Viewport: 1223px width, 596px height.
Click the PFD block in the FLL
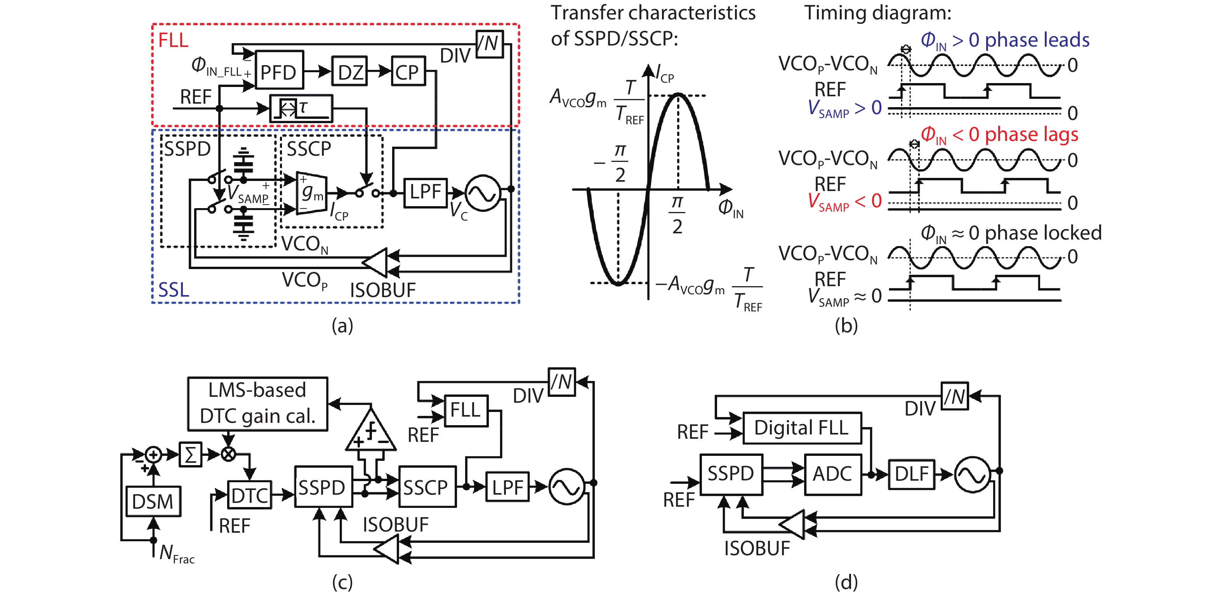tap(279, 70)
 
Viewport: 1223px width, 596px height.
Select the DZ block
tap(350, 71)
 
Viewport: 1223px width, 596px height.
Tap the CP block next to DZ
tap(408, 71)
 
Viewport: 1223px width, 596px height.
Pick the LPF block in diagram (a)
tap(426, 192)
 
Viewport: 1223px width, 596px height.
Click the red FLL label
tap(173, 40)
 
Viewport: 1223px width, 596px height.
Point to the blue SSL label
tap(173, 290)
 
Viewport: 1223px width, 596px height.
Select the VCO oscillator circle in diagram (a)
tap(482, 193)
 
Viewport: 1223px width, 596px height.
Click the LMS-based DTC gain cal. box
tap(257, 404)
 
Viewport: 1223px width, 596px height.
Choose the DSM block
tap(153, 501)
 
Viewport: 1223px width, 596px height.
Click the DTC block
tap(250, 495)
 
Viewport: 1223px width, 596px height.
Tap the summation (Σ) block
tap(190, 455)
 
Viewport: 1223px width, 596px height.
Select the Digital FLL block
tap(802, 428)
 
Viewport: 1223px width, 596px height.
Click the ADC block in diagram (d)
tap(833, 474)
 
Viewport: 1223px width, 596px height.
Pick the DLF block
tap(911, 474)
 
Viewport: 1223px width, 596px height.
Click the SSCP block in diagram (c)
tap(427, 487)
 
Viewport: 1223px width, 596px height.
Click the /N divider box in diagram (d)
tap(955, 396)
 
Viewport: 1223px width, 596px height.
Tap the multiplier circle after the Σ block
tap(229, 455)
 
